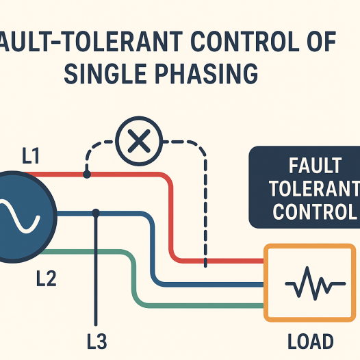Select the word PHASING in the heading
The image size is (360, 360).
(210, 72)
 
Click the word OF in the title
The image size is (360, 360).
(316, 42)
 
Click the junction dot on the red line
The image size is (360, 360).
(86, 175)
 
